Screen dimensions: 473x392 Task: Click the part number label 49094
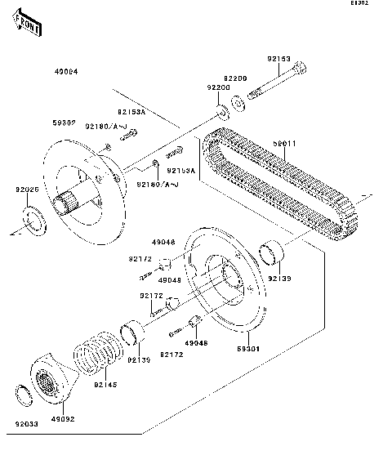tap(66, 71)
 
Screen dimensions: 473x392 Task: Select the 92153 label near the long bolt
tap(278, 59)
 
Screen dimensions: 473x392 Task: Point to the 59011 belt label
tap(283, 144)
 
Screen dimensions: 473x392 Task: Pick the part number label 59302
tap(65, 123)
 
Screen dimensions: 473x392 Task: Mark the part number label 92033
tap(26, 424)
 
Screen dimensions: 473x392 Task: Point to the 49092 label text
tap(64, 419)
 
